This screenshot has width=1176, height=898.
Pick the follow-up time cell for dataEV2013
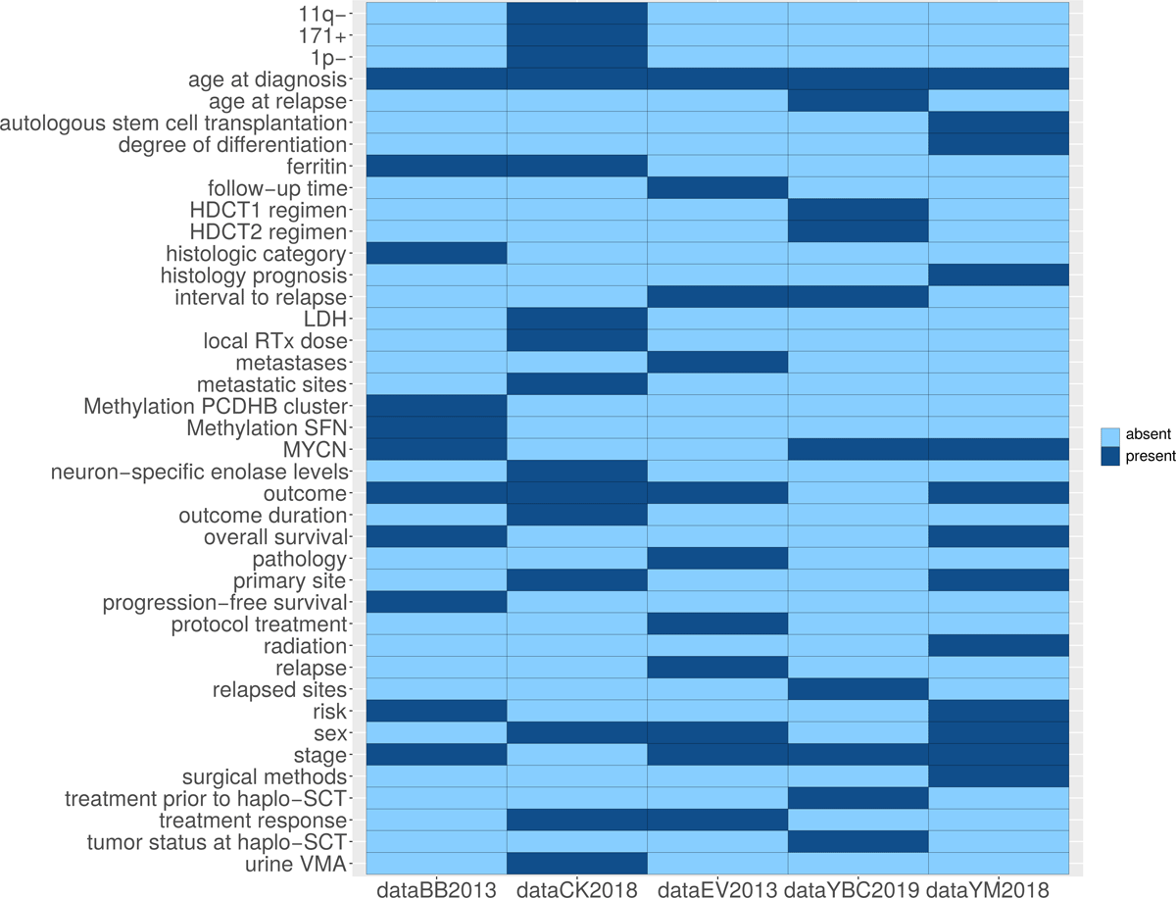[716, 187]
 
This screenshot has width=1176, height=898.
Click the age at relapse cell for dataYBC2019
[857, 100]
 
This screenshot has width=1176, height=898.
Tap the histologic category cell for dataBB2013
[436, 253]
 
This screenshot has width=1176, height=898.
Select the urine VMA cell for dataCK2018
[576, 863]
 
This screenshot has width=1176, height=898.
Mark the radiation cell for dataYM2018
[997, 645]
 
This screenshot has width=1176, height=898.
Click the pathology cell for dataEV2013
[716, 558]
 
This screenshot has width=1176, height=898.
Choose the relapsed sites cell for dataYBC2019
[857, 688]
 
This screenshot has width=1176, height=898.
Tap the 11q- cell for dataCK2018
[576, 14]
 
